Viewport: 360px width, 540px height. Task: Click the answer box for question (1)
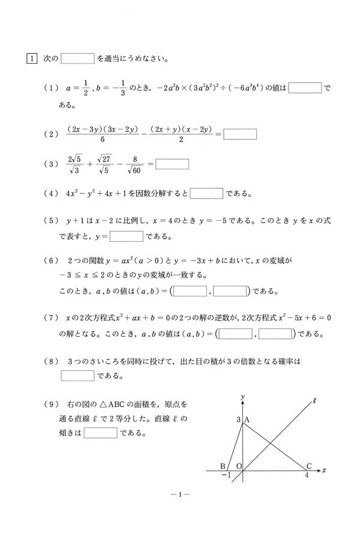pyautogui.click(x=305, y=88)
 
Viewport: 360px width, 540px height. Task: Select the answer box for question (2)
pyautogui.click(x=240, y=134)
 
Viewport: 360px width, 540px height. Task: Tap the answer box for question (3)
pyautogui.click(x=172, y=163)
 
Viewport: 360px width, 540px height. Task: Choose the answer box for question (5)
pyautogui.click(x=126, y=236)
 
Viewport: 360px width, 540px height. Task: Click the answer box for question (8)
pyautogui.click(x=77, y=376)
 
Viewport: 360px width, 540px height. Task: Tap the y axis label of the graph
pyautogui.click(x=242, y=397)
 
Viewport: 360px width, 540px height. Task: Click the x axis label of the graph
pyautogui.click(x=323, y=470)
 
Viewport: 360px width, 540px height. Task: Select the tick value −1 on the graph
pyautogui.click(x=226, y=475)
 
